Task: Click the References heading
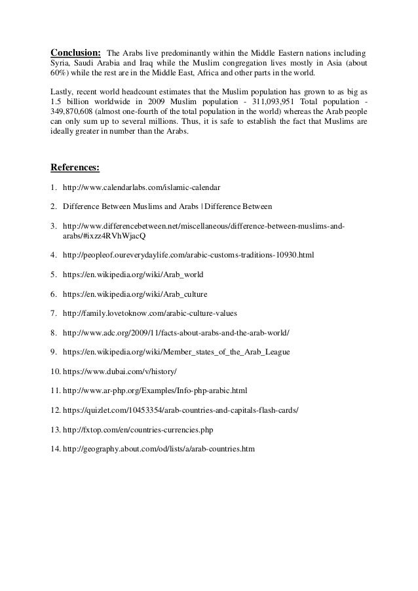(x=75, y=167)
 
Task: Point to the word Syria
(x=61, y=63)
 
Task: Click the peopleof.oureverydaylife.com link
(x=188, y=253)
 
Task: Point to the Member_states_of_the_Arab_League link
(x=176, y=353)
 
